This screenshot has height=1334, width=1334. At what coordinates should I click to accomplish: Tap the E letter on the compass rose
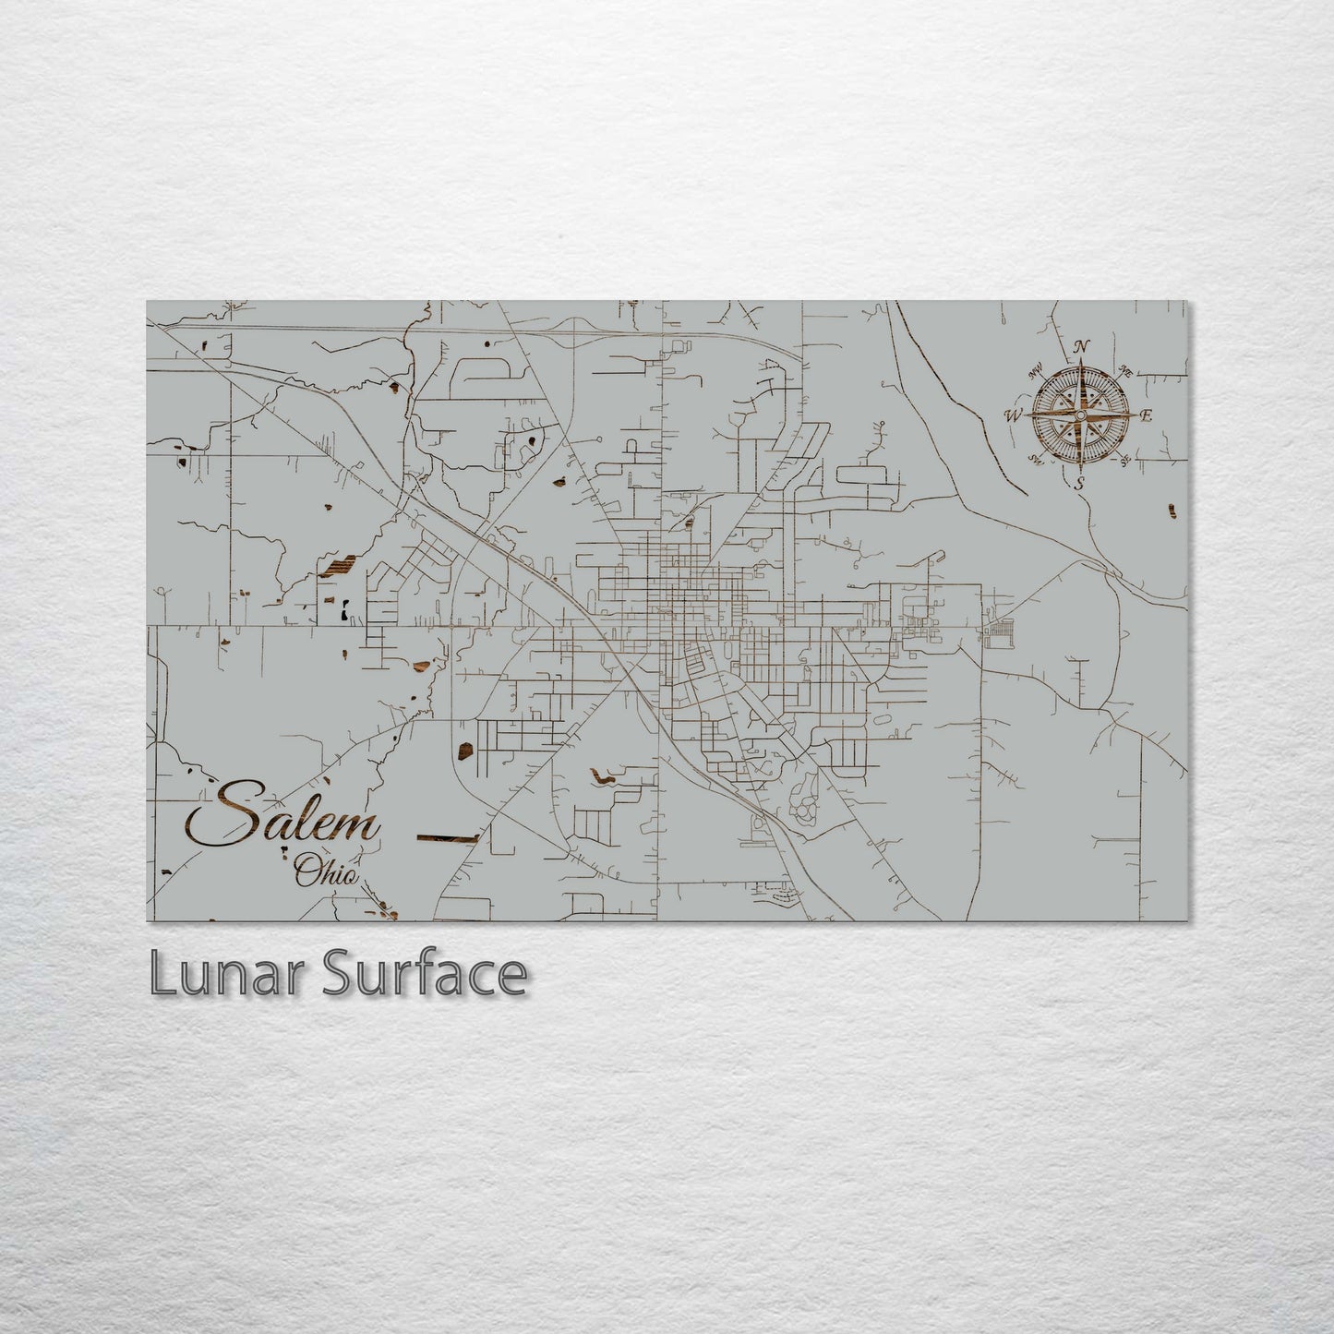[1147, 415]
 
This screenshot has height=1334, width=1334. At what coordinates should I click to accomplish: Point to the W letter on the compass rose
[1014, 415]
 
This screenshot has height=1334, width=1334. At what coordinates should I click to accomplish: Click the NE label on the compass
[1125, 371]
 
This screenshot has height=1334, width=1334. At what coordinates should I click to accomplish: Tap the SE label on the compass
[1126, 460]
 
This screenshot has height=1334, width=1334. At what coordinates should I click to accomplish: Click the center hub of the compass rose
[1079, 415]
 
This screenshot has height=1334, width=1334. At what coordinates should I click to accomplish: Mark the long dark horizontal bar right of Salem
[448, 838]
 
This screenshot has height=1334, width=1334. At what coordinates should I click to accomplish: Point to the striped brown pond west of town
[337, 566]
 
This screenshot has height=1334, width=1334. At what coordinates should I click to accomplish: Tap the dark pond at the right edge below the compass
[1172, 510]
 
